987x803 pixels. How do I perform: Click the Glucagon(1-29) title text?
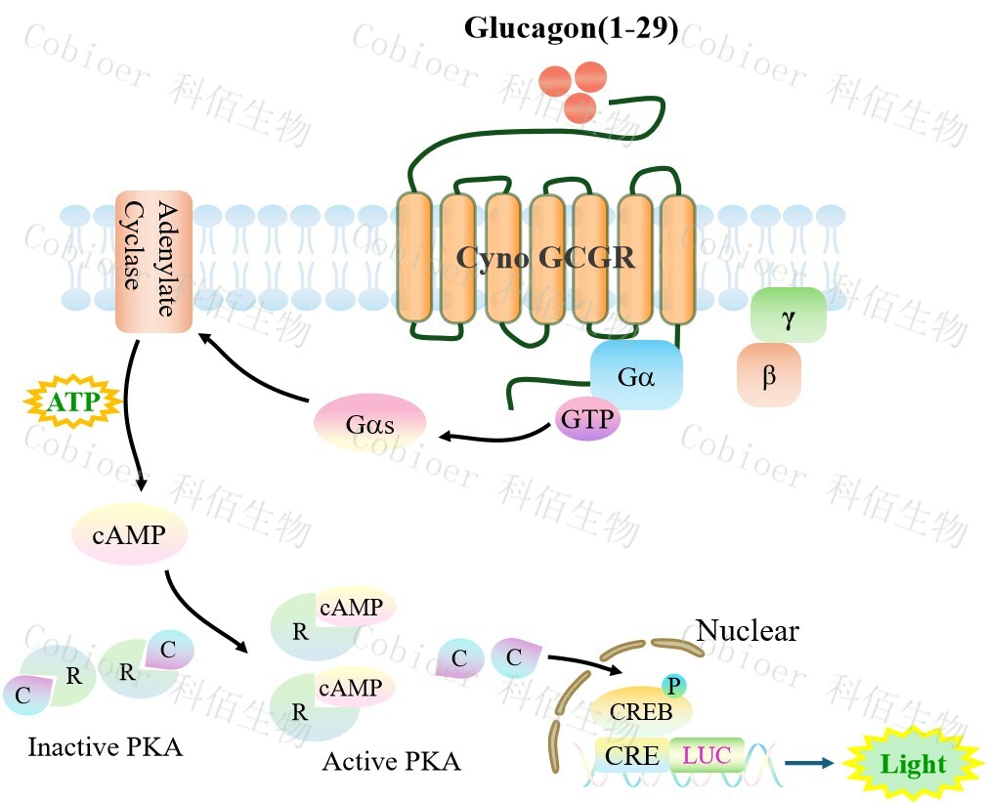(x=571, y=28)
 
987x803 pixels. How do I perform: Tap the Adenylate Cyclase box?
(x=153, y=262)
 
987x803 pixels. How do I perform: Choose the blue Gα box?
(x=636, y=375)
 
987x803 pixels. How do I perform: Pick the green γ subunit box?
(x=788, y=315)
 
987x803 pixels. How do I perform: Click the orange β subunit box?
(x=769, y=374)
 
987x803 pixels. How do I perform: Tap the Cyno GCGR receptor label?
(x=546, y=258)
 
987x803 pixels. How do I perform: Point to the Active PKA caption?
(x=391, y=760)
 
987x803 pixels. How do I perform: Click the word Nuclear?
(x=747, y=631)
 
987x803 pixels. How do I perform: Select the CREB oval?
(x=641, y=710)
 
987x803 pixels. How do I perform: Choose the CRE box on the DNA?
(x=630, y=755)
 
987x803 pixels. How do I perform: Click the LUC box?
(x=706, y=755)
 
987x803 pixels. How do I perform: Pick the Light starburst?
(x=913, y=764)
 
